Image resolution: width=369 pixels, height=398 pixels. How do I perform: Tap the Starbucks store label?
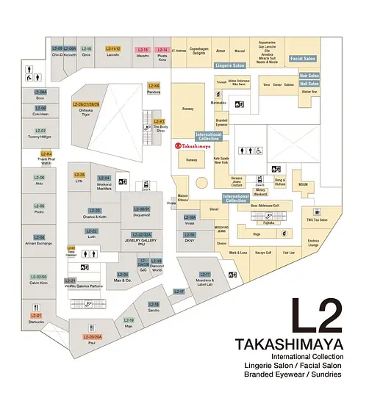36,321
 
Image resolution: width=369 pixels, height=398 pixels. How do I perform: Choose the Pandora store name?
154,93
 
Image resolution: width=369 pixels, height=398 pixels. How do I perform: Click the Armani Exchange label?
38,242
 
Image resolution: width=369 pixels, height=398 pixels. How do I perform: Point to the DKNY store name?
190,240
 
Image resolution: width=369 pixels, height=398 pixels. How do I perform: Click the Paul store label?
93,342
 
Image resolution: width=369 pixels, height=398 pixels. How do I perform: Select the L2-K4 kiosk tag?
46,153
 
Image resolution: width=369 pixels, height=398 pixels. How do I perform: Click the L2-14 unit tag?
162,49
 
